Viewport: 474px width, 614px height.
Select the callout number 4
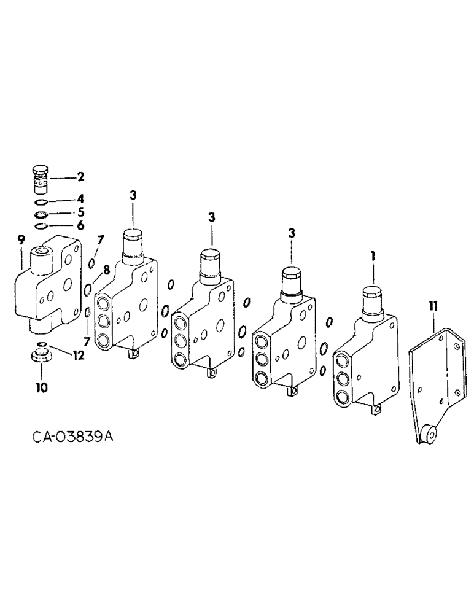coord(80,200)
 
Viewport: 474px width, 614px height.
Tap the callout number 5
coord(80,214)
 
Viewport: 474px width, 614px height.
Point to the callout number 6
coord(80,226)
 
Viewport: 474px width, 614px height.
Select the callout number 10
coord(41,387)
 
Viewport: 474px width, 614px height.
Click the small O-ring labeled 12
coord(41,344)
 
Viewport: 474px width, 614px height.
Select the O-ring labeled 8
coord(88,289)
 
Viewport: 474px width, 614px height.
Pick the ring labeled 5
coord(40,214)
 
